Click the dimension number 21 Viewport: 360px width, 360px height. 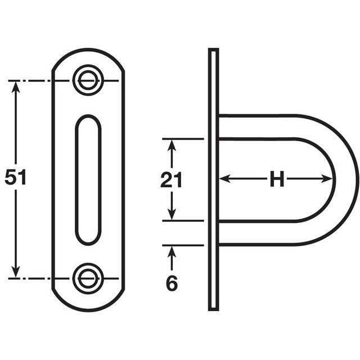[x=172, y=180]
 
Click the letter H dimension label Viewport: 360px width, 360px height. [x=276, y=180]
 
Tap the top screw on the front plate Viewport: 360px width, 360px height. [x=88, y=80]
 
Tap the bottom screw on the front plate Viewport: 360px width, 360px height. [x=88, y=277]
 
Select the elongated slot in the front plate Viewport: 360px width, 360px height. [x=88, y=179]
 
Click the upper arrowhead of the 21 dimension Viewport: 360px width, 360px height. [x=173, y=144]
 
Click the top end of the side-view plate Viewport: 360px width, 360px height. [x=213, y=52]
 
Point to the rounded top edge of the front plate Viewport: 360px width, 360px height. [x=88, y=52]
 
